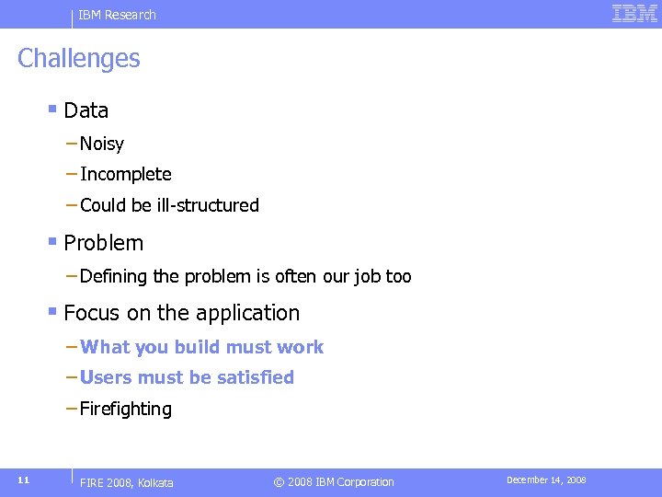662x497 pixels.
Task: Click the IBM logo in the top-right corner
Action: pyautogui.click(x=634, y=14)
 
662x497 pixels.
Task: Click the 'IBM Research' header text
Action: pyautogui.click(x=117, y=15)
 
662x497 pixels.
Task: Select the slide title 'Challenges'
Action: pyautogui.click(x=79, y=58)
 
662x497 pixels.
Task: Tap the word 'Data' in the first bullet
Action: pyautogui.click(x=86, y=110)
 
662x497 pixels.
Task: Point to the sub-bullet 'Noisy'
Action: pyautogui.click(x=101, y=144)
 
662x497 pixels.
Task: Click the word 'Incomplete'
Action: pyautogui.click(x=126, y=175)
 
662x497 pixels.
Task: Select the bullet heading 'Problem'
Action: pyautogui.click(x=104, y=244)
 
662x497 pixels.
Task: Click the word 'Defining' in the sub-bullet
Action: pyautogui.click(x=113, y=277)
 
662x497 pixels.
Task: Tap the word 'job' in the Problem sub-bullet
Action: pyautogui.click(x=368, y=277)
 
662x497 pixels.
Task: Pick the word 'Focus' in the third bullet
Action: pyautogui.click(x=92, y=314)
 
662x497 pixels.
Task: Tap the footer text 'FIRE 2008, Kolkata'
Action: pyautogui.click(x=127, y=482)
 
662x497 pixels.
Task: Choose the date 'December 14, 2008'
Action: pyautogui.click(x=546, y=480)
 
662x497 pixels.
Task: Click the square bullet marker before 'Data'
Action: pyautogui.click(x=52, y=110)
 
